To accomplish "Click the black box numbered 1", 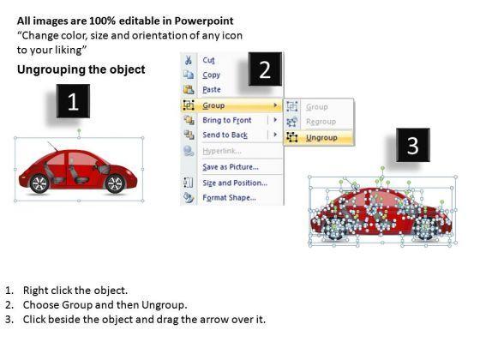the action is point(73,101).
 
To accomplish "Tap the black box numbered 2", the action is point(265,69).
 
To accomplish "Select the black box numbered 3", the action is point(413,145).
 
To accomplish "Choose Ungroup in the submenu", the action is point(321,138).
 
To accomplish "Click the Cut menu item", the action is point(209,60).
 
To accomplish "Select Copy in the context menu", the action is point(211,75).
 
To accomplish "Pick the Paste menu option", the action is point(212,89).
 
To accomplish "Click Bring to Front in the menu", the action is point(227,120).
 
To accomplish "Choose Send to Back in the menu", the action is point(225,135).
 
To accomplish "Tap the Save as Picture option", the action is point(231,167).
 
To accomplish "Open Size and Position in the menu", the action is point(235,183).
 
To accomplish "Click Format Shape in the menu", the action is point(230,198).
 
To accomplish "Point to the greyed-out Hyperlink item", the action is point(222,151).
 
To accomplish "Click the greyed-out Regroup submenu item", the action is point(321,122).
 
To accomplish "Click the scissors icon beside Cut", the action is point(189,60).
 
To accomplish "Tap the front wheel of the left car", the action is point(115,183).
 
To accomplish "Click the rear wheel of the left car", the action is point(39,183).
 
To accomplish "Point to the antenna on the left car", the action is point(52,147).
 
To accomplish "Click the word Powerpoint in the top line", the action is point(204,21).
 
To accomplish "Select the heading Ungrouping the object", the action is point(81,69).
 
